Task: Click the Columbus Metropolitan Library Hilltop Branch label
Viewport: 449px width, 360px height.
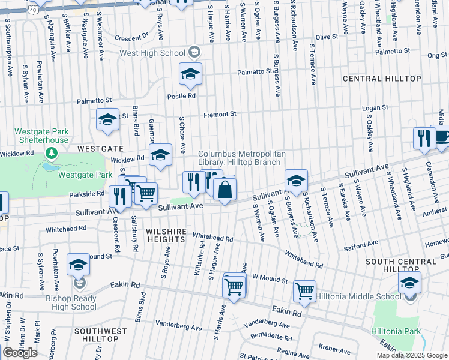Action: (240, 158)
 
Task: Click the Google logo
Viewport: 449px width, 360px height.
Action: (20, 353)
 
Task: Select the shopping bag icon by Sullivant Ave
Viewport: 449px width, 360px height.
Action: (224, 190)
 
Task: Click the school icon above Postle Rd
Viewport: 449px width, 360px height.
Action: (190, 74)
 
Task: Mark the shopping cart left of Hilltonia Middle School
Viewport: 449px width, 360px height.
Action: (304, 291)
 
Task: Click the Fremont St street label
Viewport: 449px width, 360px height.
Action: (220, 113)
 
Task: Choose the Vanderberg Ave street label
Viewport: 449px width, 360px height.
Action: (178, 328)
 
